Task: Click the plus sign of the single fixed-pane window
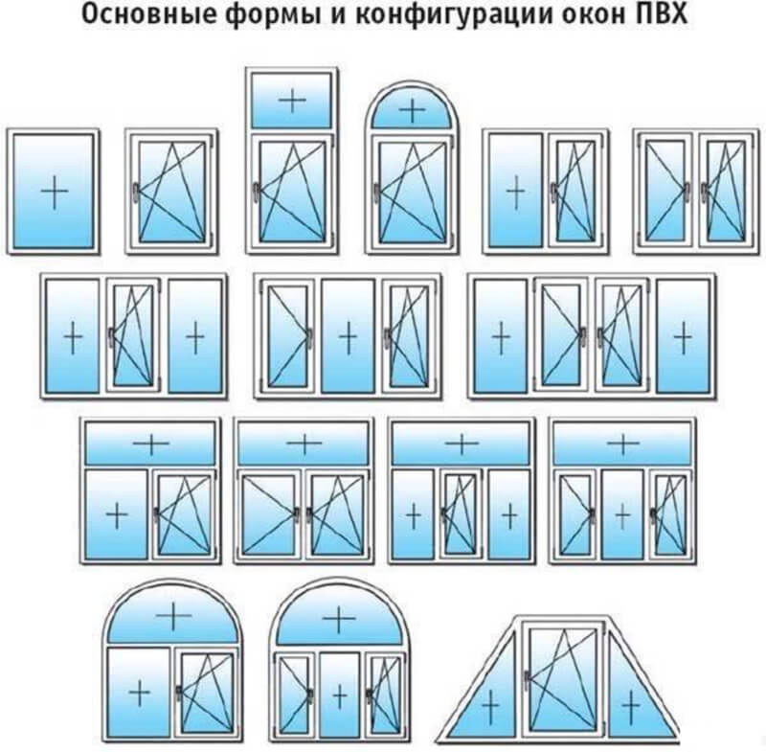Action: tap(55, 191)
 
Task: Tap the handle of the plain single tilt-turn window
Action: tap(135, 191)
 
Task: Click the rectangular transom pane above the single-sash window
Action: tap(292, 101)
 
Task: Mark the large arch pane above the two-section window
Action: tap(173, 615)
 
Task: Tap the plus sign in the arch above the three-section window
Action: tap(339, 620)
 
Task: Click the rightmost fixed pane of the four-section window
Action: tap(683, 336)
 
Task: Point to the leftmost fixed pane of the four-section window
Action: tap(501, 336)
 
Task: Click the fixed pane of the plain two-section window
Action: tap(515, 191)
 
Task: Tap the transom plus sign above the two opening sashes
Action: tap(304, 444)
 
